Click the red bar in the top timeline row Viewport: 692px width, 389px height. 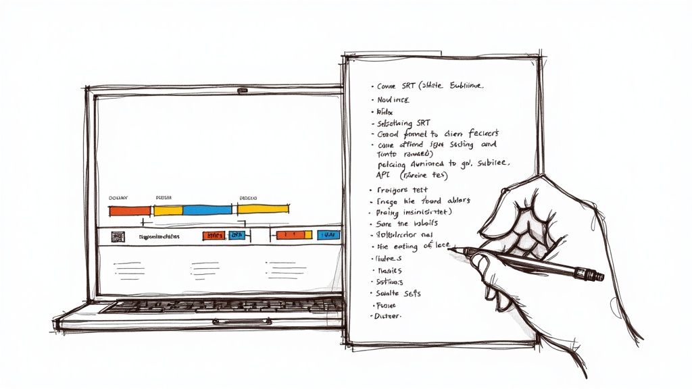[x=130, y=211]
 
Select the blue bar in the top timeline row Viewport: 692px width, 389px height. [x=208, y=210]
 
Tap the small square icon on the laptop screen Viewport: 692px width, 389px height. [x=118, y=236]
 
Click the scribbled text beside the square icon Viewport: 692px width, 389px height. [x=159, y=237]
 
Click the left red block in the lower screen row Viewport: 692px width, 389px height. [x=214, y=235]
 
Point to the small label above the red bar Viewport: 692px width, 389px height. [x=118, y=198]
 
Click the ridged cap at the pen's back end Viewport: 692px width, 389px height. [x=596, y=275]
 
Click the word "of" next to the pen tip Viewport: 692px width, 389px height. [x=426, y=246]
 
